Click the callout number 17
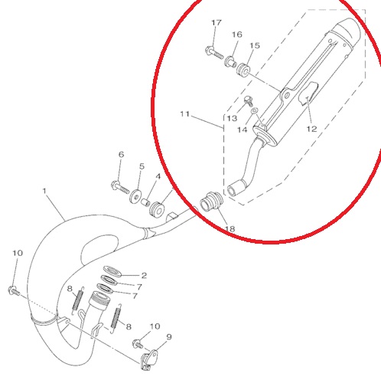(217, 23)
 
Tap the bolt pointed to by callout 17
(213, 52)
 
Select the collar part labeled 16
(230, 62)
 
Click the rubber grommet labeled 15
(243, 69)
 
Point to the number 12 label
(311, 129)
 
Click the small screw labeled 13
(249, 101)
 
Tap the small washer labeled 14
(255, 111)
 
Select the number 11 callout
(185, 113)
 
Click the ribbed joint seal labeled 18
(212, 202)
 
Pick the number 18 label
(230, 228)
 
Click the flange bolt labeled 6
(120, 187)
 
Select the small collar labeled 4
(145, 202)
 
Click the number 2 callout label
(144, 275)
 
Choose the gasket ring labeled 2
(112, 271)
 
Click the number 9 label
(169, 337)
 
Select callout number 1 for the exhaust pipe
(45, 191)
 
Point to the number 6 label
(122, 155)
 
